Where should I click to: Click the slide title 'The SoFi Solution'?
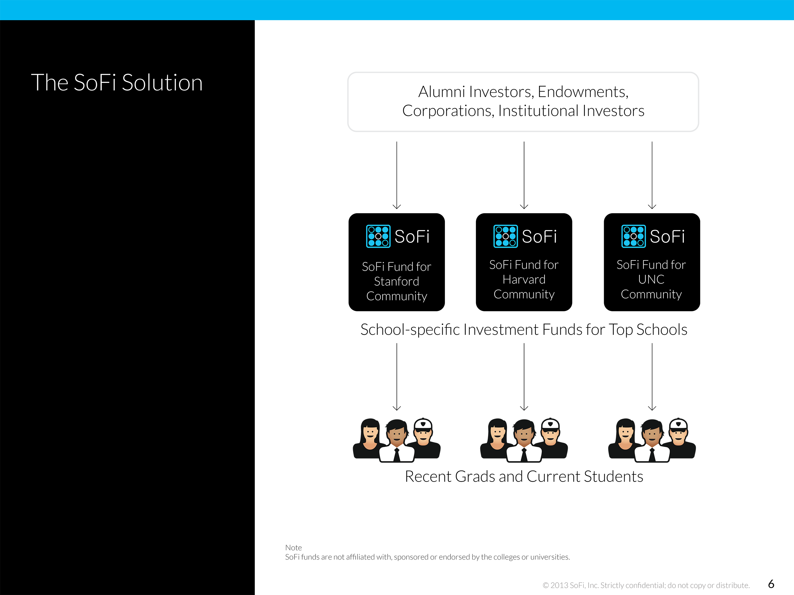[117, 83]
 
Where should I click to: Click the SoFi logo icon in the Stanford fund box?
[378, 236]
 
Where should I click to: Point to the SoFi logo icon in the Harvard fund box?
[505, 236]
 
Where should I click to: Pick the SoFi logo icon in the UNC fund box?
[633, 236]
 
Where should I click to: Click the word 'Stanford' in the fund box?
[396, 282]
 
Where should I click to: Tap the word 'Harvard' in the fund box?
[524, 279]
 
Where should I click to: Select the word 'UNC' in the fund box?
[651, 279]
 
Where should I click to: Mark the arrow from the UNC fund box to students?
[652, 377]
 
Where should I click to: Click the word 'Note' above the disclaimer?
[293, 548]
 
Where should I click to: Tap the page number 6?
[771, 584]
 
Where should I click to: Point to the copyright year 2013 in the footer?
[559, 585]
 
